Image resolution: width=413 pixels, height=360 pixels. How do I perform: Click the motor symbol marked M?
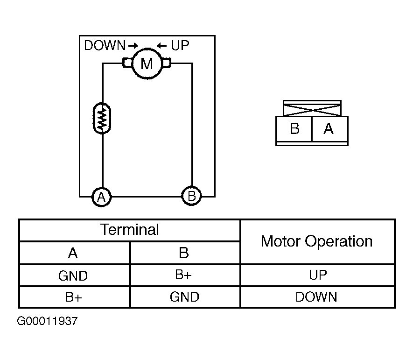click(147, 63)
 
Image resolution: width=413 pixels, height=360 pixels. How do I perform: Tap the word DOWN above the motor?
click(105, 46)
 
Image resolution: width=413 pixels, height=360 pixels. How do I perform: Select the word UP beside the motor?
click(180, 46)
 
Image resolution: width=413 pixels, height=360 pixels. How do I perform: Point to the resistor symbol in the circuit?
click(102, 118)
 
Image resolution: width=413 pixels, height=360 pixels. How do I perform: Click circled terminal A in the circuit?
click(101, 197)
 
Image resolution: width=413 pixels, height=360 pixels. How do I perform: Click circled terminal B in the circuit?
click(191, 196)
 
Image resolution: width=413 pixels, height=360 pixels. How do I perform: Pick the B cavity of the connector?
click(294, 128)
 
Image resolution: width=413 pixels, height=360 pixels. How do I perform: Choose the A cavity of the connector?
click(329, 128)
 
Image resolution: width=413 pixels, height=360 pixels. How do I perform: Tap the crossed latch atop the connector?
click(312, 109)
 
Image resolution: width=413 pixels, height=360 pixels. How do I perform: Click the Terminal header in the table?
click(130, 230)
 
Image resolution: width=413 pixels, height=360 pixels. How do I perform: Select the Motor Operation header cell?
click(317, 241)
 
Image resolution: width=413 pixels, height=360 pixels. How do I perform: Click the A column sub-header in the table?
click(73, 253)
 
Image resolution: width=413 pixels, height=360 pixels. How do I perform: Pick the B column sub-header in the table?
click(184, 253)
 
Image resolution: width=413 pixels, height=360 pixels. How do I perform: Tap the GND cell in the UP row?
click(73, 275)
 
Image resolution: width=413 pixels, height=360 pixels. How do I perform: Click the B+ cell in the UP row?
click(184, 275)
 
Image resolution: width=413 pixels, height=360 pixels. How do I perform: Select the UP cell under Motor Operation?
click(318, 275)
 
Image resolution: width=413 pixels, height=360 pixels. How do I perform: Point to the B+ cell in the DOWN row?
click(73, 297)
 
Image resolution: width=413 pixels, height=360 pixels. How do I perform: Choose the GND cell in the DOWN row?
click(184, 297)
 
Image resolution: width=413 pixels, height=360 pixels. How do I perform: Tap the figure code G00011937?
click(47, 322)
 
